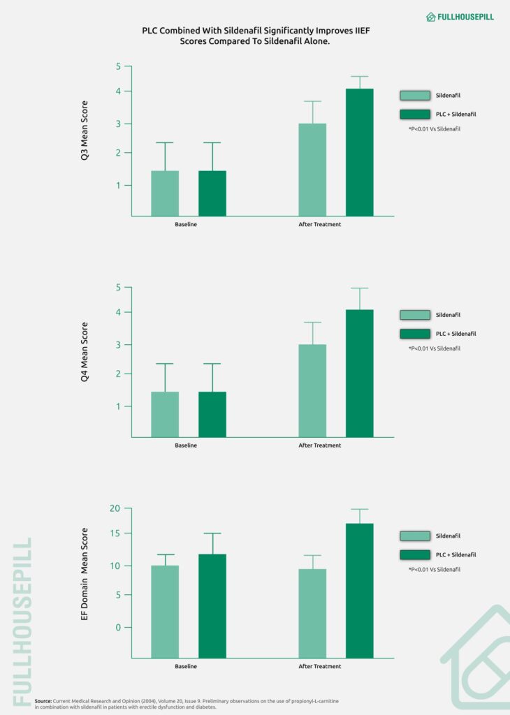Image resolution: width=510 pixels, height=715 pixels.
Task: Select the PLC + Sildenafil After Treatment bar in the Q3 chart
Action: [359, 152]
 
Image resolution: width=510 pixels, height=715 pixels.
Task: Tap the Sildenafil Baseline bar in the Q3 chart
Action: [165, 193]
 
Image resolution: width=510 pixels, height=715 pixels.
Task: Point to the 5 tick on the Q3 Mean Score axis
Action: [119, 66]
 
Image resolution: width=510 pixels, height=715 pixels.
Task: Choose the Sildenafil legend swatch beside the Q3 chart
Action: [414, 96]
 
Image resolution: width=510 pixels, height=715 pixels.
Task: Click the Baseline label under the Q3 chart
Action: [186, 225]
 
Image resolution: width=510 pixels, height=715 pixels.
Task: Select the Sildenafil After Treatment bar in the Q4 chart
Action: [312, 391]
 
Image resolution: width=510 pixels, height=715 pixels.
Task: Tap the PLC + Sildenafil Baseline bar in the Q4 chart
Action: [212, 415]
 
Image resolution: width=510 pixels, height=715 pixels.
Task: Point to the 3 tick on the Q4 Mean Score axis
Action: [119, 345]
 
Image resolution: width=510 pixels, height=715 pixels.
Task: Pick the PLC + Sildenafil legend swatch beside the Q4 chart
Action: [414, 334]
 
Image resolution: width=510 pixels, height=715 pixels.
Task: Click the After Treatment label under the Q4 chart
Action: [320, 445]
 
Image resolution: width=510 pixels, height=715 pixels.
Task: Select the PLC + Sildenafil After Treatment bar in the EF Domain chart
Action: [359, 590]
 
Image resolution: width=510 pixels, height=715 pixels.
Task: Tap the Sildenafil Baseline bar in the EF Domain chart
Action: [165, 611]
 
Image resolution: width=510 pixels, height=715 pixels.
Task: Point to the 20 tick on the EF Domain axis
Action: [115, 508]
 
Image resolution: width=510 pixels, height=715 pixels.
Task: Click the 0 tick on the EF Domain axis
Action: [118, 628]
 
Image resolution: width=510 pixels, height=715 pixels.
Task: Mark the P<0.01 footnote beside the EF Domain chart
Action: [435, 570]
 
